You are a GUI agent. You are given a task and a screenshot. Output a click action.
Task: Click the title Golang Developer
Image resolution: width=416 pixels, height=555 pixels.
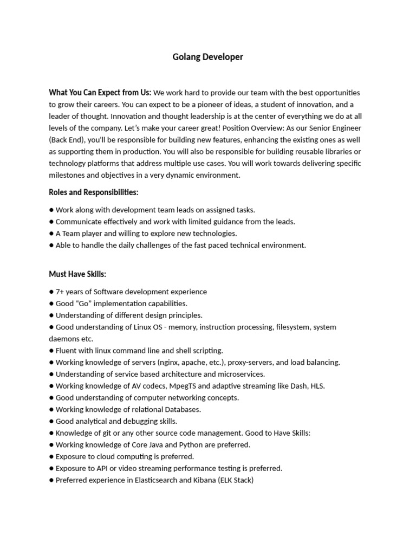click(x=208, y=57)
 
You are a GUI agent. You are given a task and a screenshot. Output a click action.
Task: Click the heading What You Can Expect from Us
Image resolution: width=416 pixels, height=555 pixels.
click(x=100, y=93)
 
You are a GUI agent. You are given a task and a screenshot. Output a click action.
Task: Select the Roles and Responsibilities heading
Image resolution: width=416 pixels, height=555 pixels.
click(x=93, y=192)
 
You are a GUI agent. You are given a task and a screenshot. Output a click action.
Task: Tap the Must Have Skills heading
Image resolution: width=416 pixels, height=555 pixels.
click(x=77, y=274)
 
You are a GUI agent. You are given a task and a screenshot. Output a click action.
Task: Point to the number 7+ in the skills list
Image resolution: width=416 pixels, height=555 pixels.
click(x=60, y=292)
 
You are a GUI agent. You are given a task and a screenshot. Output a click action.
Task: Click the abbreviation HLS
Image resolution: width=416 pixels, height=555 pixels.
click(x=316, y=386)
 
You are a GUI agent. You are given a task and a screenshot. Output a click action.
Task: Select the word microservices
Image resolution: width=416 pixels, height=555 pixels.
click(x=242, y=374)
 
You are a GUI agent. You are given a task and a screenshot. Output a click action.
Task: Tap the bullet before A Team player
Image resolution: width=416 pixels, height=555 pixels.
click(x=51, y=234)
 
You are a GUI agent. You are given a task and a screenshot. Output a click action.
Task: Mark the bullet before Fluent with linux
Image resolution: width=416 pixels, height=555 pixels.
click(x=51, y=351)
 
